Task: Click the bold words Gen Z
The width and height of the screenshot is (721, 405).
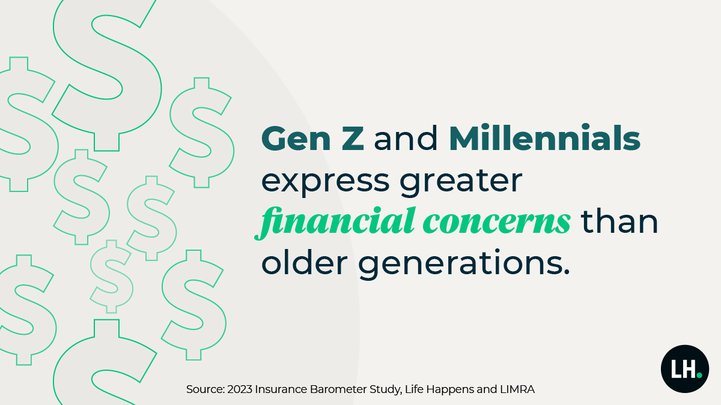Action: pyautogui.click(x=312, y=140)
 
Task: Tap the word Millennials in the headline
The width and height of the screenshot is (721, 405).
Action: pyautogui.click(x=544, y=140)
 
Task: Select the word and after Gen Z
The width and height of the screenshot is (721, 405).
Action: pyautogui.click(x=407, y=140)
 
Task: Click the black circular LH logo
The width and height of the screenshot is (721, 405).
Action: pyautogui.click(x=684, y=369)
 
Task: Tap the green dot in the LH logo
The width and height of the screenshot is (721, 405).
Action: pyautogui.click(x=699, y=375)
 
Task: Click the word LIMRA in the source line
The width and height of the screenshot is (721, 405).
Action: pyautogui.click(x=516, y=389)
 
